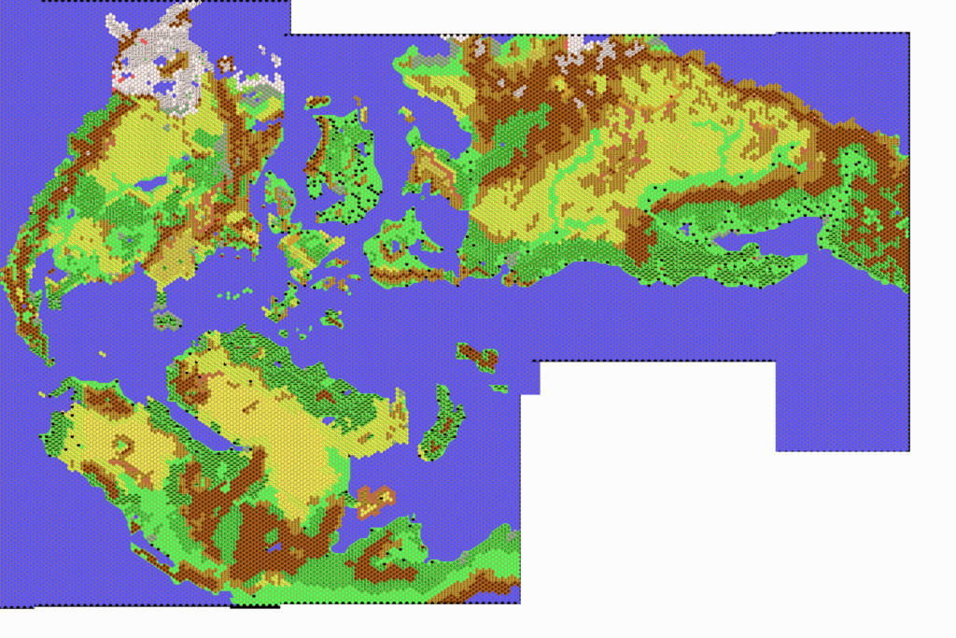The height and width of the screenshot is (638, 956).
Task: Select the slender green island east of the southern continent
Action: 443,425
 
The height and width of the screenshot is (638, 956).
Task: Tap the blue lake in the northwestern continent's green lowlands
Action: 149,187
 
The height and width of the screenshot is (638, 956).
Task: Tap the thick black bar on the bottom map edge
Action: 254,606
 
